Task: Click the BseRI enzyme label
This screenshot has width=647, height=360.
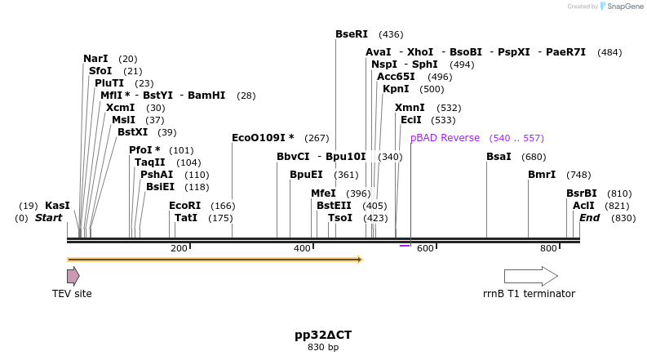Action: tap(352, 34)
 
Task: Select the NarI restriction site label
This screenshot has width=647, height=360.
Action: tap(95, 59)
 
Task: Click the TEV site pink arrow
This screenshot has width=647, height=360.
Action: tap(73, 276)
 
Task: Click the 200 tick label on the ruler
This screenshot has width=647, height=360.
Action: tap(179, 248)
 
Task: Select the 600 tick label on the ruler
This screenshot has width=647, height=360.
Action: tap(425, 248)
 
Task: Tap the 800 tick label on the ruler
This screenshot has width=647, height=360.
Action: tap(548, 248)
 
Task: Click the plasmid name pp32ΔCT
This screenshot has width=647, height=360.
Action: tap(323, 335)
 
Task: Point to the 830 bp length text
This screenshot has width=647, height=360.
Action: tap(323, 348)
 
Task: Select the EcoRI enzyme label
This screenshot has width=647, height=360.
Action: tap(184, 206)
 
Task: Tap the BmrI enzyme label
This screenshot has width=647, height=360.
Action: tap(542, 174)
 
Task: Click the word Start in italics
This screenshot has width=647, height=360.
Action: tap(48, 218)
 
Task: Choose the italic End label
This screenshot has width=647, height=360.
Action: tap(589, 218)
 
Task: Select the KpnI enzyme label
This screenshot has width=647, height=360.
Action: tap(396, 89)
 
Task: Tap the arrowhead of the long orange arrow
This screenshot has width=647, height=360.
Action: tap(358, 260)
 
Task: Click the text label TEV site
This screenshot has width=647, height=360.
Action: tap(72, 294)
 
